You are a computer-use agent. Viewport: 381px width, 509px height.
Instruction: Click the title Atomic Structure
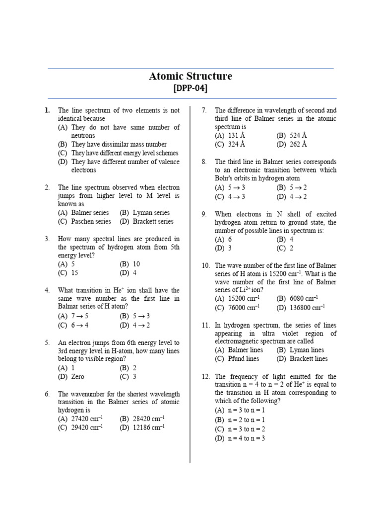pos(190,76)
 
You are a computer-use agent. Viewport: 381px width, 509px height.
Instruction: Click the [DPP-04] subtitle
pos(190,88)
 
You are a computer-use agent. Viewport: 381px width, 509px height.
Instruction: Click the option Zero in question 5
pos(81,377)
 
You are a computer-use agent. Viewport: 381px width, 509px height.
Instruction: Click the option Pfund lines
pos(243,358)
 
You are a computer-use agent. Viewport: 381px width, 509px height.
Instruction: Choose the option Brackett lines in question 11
pos(308,358)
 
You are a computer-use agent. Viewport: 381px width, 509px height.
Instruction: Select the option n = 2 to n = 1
pos(246,420)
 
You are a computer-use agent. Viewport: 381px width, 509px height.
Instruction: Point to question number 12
pos(206,377)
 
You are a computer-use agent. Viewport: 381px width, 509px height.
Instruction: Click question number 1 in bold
pos(47,110)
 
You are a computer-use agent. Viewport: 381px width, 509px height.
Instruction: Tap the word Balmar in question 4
pos(69,307)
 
